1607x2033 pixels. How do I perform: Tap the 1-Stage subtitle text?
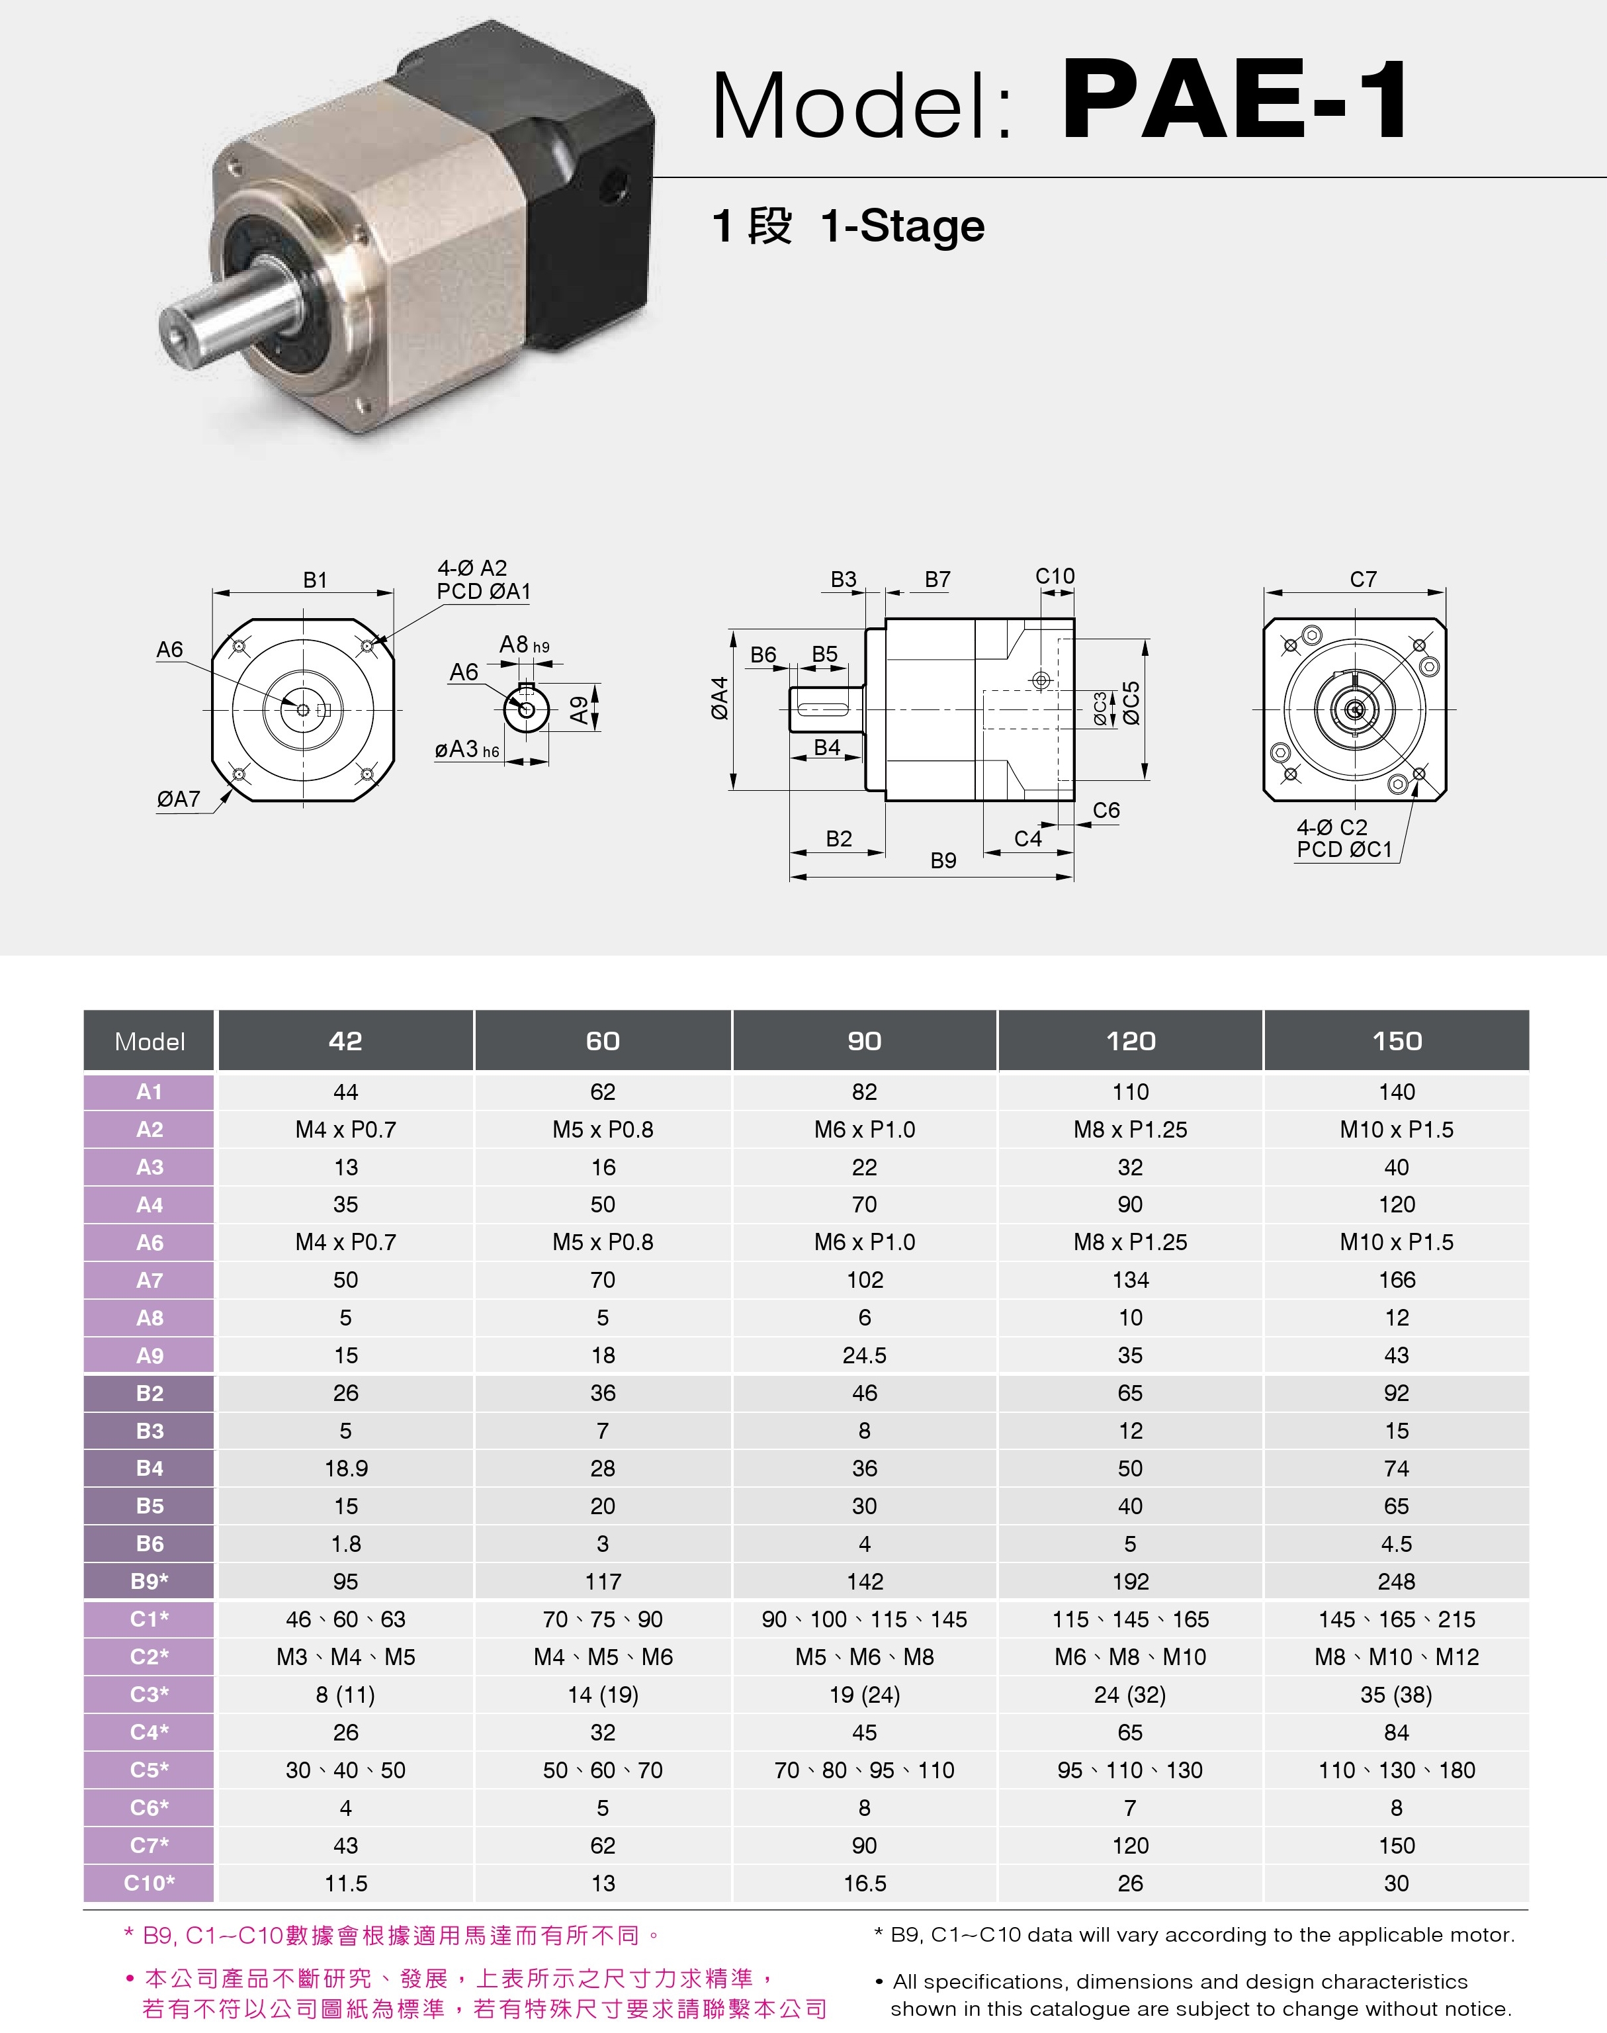[902, 227]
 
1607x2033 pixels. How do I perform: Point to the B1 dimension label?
[315, 580]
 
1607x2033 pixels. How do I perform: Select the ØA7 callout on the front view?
[179, 799]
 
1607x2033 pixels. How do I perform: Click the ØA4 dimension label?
[720, 698]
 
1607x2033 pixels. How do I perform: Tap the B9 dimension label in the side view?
[943, 860]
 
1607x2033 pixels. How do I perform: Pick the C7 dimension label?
[1364, 580]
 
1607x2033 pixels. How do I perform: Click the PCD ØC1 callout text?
[1344, 849]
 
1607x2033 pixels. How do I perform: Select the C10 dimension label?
[1055, 576]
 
